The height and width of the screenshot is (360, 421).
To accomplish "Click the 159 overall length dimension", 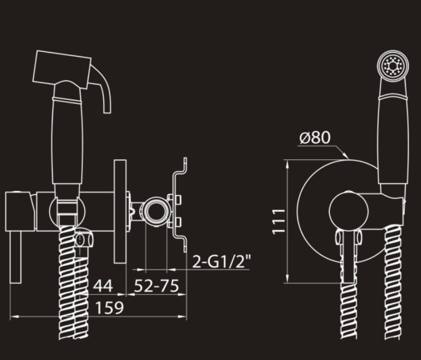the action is [109, 307].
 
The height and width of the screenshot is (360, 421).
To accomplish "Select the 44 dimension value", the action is [103, 286].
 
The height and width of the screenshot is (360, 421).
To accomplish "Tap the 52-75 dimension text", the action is [156, 286].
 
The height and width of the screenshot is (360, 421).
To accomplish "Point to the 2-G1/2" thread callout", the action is [222, 262].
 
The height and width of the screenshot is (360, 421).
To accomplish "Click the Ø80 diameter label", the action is [315, 138].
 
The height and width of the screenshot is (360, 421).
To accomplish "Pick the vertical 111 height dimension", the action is [279, 222].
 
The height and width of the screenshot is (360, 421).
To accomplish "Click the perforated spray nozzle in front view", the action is [393, 66].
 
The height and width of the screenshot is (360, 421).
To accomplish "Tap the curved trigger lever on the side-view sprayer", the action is [103, 88].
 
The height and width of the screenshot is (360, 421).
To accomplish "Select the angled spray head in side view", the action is [62, 69].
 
